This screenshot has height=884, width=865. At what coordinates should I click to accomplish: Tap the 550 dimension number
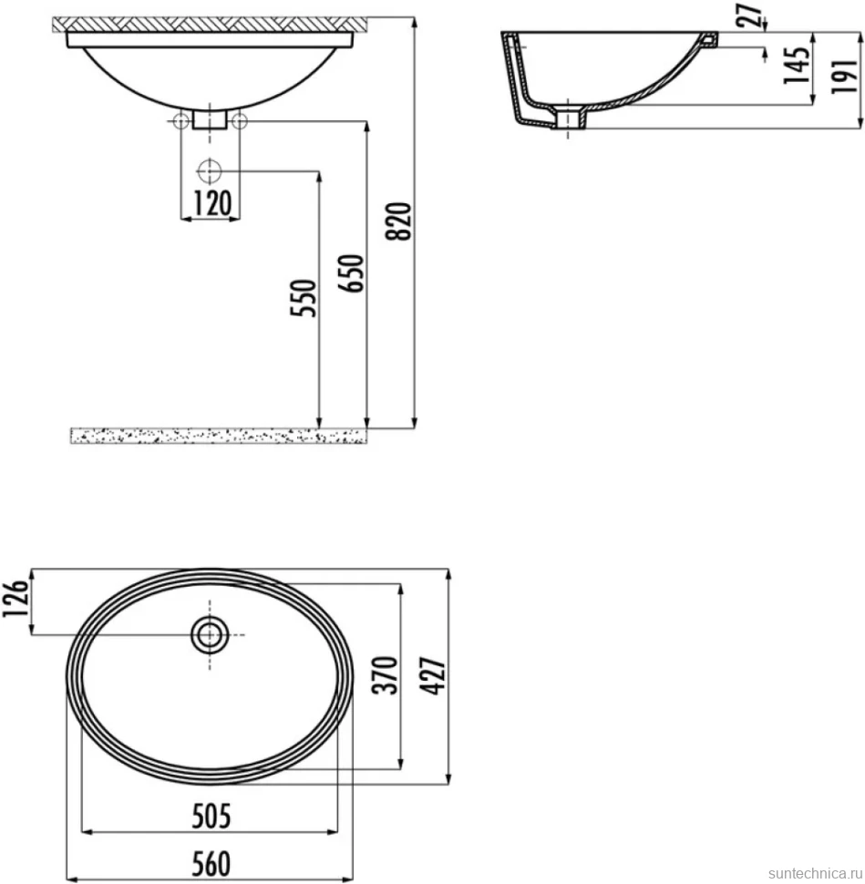(304, 298)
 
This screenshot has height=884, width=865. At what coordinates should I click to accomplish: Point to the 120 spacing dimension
(212, 203)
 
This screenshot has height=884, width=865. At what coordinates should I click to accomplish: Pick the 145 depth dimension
(797, 65)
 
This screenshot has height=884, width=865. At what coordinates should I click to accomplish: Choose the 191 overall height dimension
(844, 77)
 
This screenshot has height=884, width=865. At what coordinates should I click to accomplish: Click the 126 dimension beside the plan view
(15, 598)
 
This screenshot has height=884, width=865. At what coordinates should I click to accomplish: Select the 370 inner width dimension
(386, 674)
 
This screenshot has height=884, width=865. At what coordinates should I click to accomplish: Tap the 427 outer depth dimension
(433, 675)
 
